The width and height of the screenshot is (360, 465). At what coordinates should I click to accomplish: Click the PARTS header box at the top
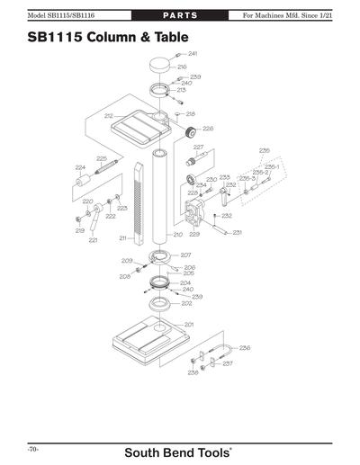179,15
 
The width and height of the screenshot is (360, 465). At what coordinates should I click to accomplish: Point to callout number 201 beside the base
189,324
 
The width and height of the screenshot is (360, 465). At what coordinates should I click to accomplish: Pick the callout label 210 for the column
178,235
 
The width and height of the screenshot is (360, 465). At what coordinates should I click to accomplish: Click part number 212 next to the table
108,116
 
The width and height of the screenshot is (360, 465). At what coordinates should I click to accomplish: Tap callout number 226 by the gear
208,129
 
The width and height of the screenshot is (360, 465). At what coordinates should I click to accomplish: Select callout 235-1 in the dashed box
272,166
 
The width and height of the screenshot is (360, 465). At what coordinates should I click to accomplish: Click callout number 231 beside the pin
237,233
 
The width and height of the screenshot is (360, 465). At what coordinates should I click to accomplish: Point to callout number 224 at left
80,167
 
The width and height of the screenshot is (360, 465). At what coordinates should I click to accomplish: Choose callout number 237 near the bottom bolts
228,363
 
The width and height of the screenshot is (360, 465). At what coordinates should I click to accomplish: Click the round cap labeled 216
160,65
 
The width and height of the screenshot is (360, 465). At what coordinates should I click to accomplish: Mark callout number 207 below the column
185,255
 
